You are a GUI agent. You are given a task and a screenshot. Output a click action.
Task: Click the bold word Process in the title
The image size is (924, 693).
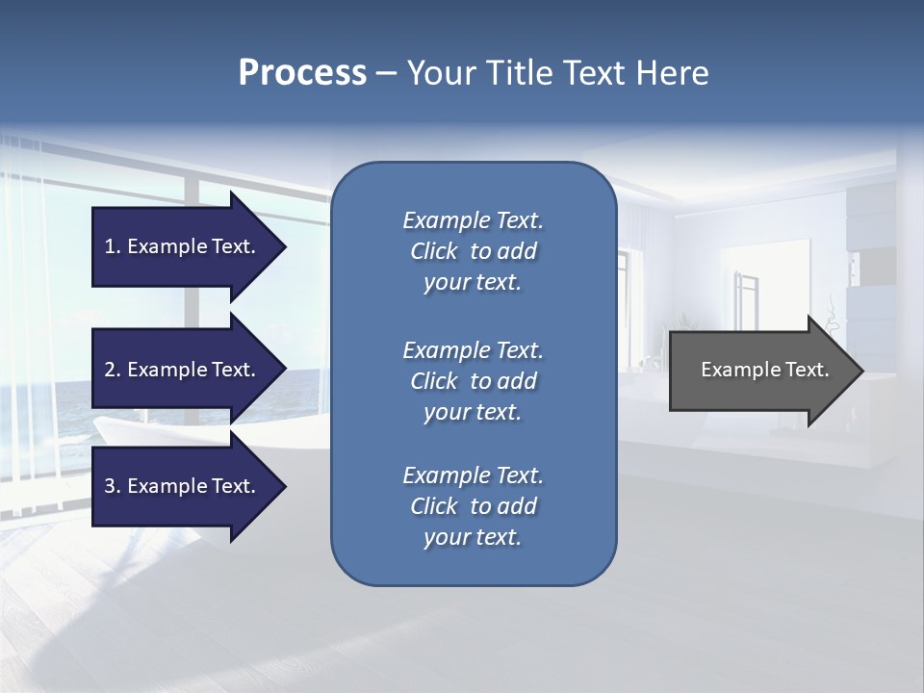click(x=302, y=73)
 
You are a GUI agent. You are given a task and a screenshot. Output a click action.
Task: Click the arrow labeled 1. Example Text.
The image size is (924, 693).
click(x=183, y=246)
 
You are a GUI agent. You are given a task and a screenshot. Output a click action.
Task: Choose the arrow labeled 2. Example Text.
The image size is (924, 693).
click(x=183, y=370)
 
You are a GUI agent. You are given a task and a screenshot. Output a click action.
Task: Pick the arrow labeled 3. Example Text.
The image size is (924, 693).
click(x=183, y=486)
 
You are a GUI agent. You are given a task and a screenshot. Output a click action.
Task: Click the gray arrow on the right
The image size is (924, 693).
click(x=760, y=370)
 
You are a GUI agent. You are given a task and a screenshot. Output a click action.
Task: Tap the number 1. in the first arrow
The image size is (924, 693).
click(x=113, y=246)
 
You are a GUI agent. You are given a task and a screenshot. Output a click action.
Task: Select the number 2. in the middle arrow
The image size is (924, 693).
click(x=113, y=370)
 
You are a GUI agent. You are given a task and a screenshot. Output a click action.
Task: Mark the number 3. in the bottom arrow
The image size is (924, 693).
click(x=113, y=486)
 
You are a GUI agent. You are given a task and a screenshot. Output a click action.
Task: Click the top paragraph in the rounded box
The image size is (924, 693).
click(x=473, y=251)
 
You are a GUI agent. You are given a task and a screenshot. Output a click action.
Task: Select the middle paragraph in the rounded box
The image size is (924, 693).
click(x=473, y=380)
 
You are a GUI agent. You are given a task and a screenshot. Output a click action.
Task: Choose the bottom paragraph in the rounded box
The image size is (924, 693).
click(x=473, y=506)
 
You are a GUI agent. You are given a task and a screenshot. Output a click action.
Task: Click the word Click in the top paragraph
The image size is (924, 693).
click(x=433, y=251)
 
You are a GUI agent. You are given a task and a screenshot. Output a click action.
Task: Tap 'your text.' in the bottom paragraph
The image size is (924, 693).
click(x=473, y=537)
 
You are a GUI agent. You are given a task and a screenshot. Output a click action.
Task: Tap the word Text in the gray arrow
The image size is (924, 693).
click(x=807, y=370)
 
